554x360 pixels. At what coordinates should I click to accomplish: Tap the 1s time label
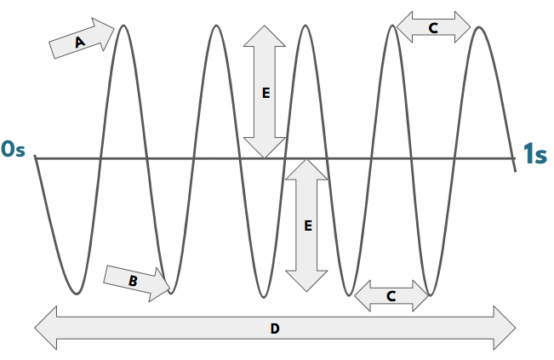tap(534, 153)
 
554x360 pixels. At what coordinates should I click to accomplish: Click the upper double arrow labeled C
tap(433, 27)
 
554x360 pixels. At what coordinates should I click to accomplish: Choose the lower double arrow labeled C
tap(391, 295)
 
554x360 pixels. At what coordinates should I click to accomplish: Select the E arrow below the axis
tap(306, 225)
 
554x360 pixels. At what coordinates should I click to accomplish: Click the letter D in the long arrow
tap(275, 329)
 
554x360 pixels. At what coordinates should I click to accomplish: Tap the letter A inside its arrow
tap(80, 42)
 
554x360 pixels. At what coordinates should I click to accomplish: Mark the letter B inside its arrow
tap(133, 280)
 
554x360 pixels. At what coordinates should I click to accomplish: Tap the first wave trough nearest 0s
tap(77, 294)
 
